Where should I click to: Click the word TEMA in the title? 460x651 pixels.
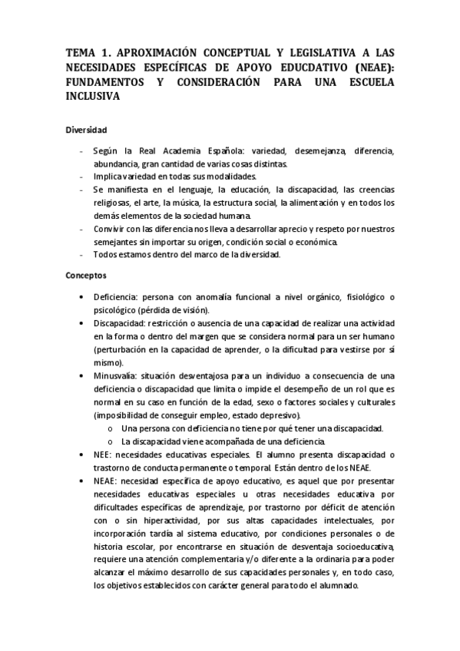click(80, 52)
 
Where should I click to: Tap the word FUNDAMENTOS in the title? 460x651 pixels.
click(106, 82)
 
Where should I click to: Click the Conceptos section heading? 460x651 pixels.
click(86, 274)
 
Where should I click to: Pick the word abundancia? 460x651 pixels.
click(114, 164)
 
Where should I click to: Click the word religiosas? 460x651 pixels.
click(112, 203)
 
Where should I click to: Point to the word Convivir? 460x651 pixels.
click(110, 229)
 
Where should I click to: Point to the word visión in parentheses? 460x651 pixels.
click(192, 309)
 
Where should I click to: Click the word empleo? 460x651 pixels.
click(198, 414)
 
